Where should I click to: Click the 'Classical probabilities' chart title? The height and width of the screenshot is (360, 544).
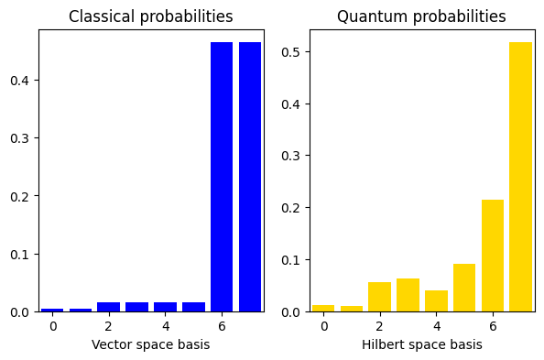point(150,16)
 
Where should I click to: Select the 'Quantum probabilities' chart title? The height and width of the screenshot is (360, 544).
point(421,16)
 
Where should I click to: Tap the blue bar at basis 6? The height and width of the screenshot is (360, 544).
point(222,177)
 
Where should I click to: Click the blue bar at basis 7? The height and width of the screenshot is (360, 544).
point(250,177)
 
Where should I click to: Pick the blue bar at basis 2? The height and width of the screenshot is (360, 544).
point(109,307)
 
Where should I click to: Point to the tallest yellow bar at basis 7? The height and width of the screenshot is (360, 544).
point(520,177)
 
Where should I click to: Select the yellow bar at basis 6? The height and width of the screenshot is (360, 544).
point(493,256)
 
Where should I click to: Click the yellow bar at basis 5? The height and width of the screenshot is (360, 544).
point(464,288)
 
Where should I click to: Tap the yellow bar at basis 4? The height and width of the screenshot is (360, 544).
point(436,301)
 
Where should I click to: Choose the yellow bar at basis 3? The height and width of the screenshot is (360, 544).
point(408,295)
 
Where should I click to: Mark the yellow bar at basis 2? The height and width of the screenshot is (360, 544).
point(379,297)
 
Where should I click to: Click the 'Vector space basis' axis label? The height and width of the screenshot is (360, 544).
point(150,344)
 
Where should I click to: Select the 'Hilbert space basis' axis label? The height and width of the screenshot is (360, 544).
point(422,344)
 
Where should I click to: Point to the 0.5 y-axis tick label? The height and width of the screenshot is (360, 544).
point(290,52)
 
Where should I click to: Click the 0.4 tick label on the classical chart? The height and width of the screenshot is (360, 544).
point(20,81)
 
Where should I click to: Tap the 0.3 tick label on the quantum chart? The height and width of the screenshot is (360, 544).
point(290,156)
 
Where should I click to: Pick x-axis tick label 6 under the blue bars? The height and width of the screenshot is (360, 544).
point(222,326)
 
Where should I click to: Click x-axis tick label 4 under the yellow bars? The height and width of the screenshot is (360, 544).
point(437,326)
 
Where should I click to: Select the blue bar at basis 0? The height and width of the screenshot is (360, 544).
point(52,310)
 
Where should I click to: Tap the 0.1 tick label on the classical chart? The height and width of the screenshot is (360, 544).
point(20,255)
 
